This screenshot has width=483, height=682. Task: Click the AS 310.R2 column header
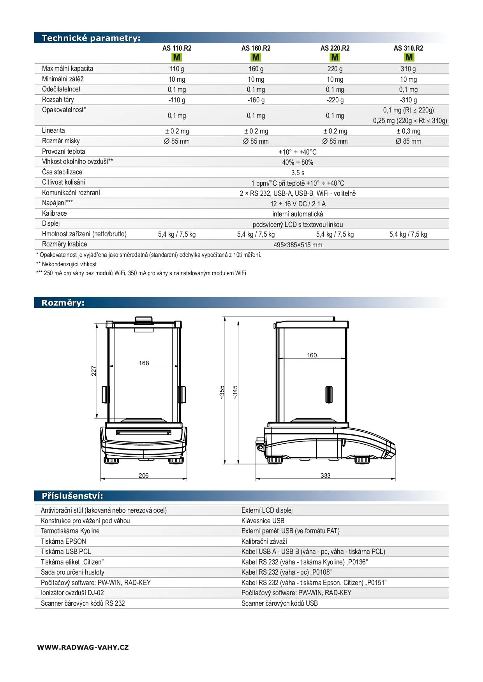[408, 48]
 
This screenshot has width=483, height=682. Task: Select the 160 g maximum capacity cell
[256, 69]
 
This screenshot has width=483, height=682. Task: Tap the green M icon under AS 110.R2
[177, 58]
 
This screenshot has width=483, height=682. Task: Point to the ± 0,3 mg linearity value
[408, 131]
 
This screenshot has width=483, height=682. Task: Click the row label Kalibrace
[54, 213]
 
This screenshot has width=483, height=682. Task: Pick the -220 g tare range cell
[335, 100]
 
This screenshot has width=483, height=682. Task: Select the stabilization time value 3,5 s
[298, 173]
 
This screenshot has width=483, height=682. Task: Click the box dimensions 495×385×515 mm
[298, 245]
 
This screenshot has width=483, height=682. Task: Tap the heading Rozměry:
[63, 303]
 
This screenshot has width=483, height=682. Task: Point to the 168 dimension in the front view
[144, 363]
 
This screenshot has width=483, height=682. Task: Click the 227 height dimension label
[94, 371]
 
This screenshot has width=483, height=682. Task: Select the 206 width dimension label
[143, 476]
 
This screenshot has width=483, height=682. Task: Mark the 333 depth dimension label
[325, 476]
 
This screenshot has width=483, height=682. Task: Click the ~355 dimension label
[222, 392]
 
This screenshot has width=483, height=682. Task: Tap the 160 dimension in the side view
[312, 355]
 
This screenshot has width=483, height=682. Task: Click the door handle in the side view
[329, 394]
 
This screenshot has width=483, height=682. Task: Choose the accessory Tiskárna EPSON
[63, 541]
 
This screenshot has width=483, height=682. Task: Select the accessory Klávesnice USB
[263, 521]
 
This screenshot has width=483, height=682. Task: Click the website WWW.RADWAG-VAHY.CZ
[83, 647]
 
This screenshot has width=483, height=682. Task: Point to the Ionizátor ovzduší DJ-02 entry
[72, 593]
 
